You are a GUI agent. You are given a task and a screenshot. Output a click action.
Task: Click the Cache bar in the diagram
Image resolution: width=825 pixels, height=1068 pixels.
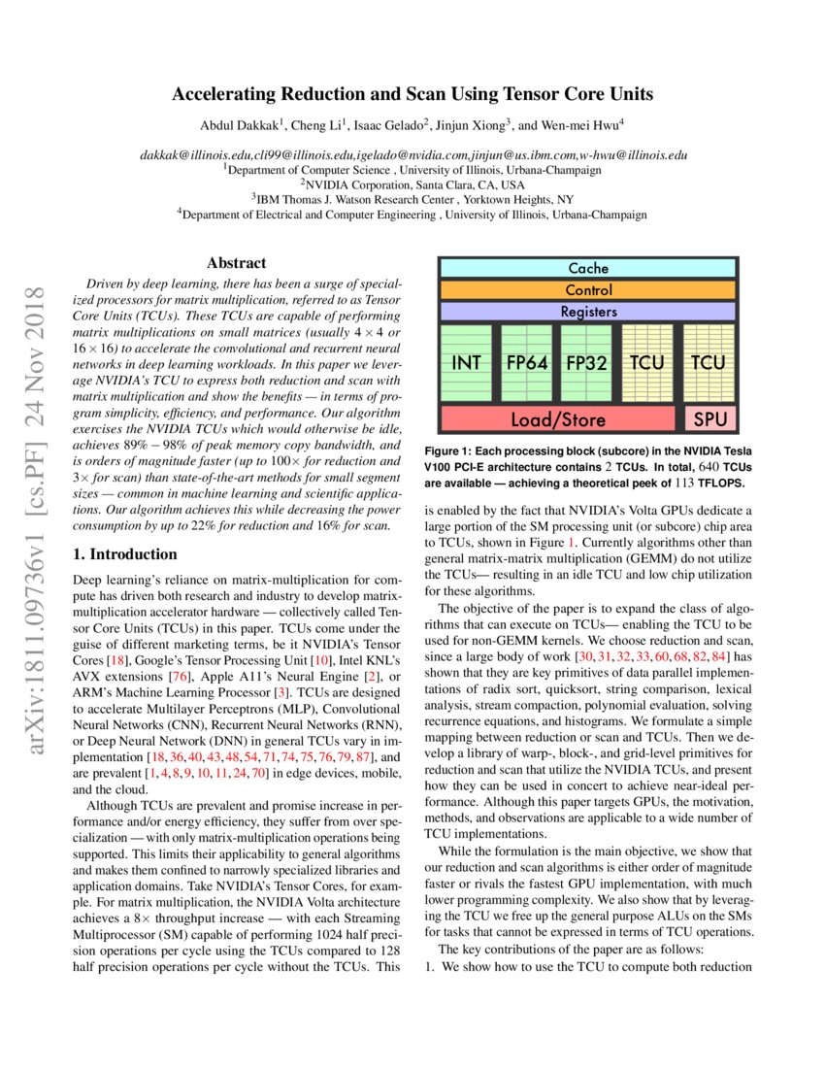(x=588, y=268)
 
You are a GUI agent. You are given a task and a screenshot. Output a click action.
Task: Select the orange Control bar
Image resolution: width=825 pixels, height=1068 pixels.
(x=588, y=290)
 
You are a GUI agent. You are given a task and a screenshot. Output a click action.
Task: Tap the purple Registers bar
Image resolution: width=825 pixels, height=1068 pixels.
(x=588, y=313)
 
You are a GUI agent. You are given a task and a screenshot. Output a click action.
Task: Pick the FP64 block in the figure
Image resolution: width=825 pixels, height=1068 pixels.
(x=528, y=363)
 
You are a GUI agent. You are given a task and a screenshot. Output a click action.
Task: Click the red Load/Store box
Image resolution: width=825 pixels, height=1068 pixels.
(x=557, y=419)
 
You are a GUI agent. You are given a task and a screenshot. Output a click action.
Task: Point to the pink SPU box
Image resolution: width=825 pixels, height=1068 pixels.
(x=710, y=419)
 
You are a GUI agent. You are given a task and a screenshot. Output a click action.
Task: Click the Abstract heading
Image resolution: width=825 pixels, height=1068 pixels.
(x=237, y=263)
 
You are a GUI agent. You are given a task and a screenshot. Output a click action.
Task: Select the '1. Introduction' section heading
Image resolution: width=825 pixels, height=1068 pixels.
(x=126, y=554)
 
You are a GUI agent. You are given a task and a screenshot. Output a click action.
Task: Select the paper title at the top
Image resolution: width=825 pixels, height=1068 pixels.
(x=412, y=94)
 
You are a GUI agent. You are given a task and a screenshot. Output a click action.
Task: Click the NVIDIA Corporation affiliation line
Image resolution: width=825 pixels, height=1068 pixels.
(x=412, y=184)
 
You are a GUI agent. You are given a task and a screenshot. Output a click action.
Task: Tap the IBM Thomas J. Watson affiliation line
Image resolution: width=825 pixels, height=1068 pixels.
(x=412, y=199)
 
